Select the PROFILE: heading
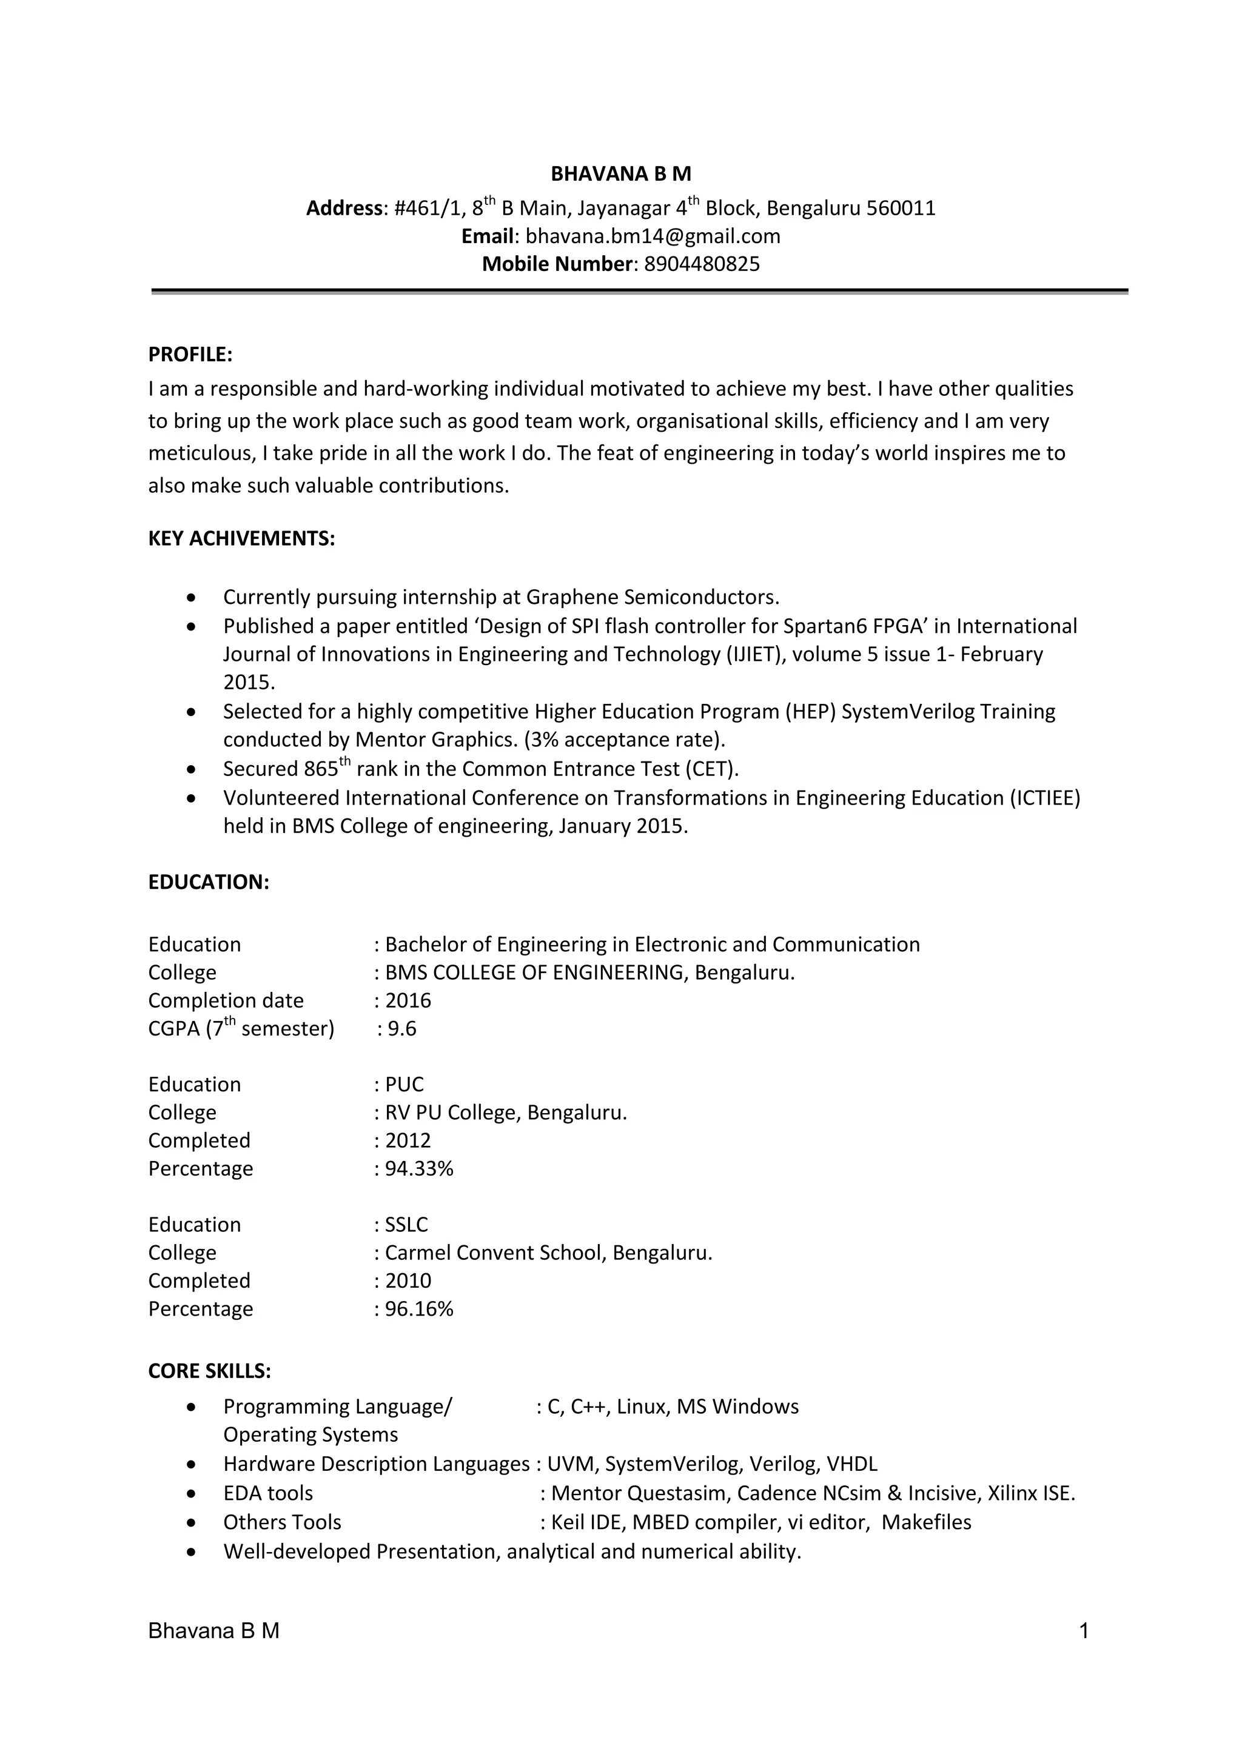pos(190,355)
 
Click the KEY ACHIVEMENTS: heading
pos(241,539)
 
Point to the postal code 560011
pos(901,209)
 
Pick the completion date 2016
pos(408,1001)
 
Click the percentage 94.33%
pos(418,1168)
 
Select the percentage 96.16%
pos(418,1308)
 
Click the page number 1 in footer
pos(1084,1631)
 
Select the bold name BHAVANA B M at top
pos(620,175)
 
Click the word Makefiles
pos(926,1523)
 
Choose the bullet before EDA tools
pos(191,1494)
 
